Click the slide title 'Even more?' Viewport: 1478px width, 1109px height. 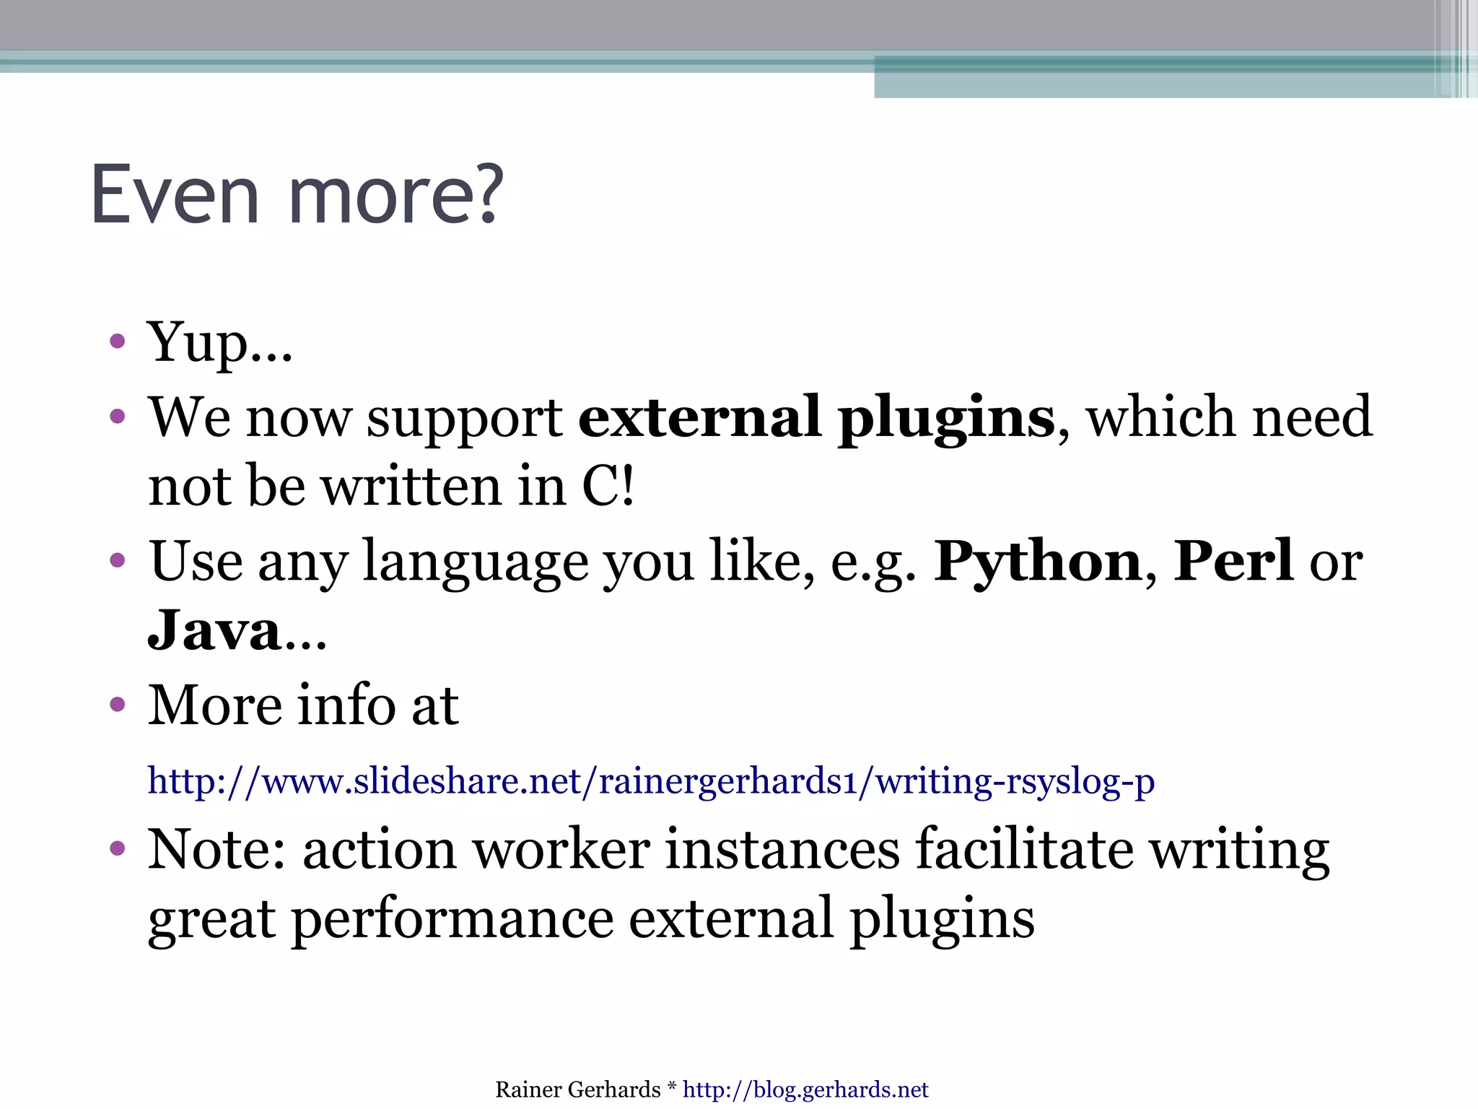(297, 195)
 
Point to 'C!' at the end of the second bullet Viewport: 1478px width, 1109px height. (608, 486)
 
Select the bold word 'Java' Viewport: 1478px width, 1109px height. (214, 630)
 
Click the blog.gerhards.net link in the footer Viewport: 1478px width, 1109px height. (805, 1090)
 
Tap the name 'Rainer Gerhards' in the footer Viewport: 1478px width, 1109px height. (577, 1090)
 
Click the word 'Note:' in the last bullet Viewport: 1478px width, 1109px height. (217, 850)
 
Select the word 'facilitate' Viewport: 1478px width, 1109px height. (1024, 850)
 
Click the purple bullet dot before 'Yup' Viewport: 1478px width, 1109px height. (118, 341)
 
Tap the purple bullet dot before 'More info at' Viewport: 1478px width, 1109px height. (118, 704)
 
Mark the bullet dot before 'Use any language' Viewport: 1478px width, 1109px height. (118, 560)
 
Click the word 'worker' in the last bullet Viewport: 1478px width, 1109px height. (561, 850)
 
